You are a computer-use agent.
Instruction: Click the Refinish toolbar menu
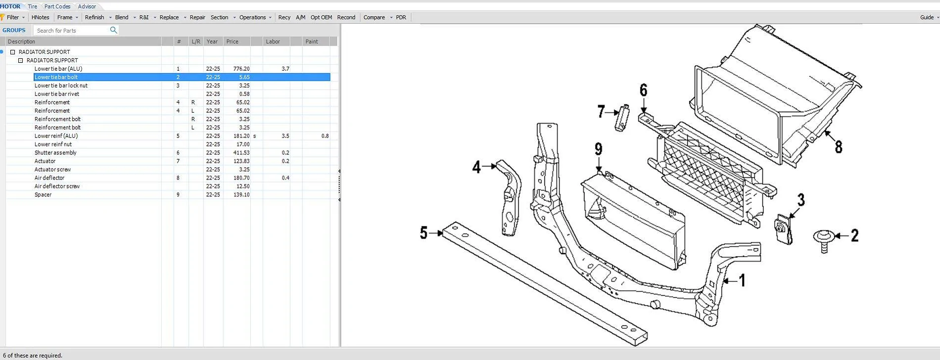(94, 17)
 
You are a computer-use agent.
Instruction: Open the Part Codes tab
(57, 6)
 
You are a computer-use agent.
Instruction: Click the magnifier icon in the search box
(113, 30)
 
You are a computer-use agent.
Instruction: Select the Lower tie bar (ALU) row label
(58, 69)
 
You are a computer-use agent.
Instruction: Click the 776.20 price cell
(241, 69)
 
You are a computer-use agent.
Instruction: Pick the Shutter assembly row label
(55, 153)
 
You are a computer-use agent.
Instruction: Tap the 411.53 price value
(241, 153)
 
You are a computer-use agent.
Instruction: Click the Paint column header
(312, 42)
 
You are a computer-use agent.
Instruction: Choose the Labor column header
(273, 42)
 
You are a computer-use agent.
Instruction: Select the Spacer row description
(43, 195)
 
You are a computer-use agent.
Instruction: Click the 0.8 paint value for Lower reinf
(325, 136)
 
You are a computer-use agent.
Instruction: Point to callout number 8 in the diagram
(839, 147)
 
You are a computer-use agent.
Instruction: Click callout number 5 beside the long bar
(423, 233)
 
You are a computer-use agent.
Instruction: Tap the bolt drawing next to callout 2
(824, 240)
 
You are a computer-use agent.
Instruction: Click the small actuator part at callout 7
(622, 119)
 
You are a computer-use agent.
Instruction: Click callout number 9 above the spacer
(599, 149)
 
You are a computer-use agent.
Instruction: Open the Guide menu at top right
(927, 17)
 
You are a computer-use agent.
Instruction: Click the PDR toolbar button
(401, 17)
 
